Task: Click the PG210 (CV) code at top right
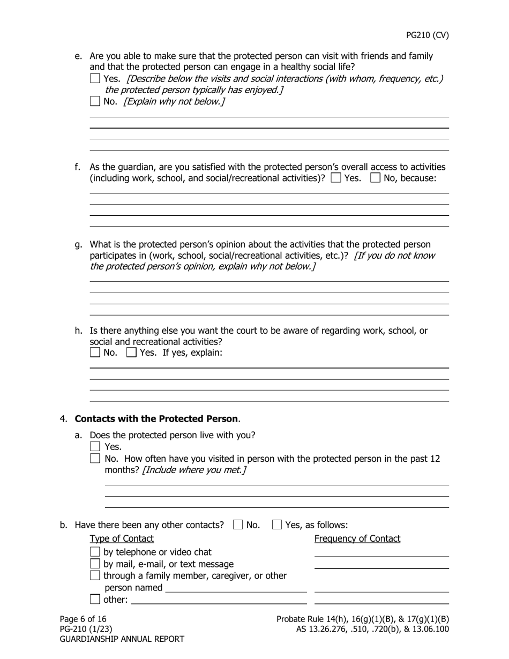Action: coord(427,35)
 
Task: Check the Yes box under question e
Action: coord(95,78)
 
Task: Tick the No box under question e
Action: coord(95,101)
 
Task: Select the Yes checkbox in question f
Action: coord(336,178)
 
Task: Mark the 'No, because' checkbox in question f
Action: coord(376,178)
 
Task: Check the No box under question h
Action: coord(95,352)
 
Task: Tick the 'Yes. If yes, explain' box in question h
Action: coord(131,352)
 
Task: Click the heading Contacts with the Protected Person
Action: coord(156,419)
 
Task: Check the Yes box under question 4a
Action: coord(95,446)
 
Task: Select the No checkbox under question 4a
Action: coord(95,458)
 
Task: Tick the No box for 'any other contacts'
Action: coord(238,525)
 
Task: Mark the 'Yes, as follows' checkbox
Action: coord(277,525)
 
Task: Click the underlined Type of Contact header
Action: coord(122,538)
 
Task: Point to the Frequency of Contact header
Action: coord(357,538)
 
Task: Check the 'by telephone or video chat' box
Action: coord(95,552)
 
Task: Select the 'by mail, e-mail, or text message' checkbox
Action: coord(95,564)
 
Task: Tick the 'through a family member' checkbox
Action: coord(95,575)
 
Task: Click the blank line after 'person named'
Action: coord(236,588)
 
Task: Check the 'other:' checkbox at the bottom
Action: coord(95,600)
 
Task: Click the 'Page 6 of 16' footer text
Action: coord(83,619)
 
